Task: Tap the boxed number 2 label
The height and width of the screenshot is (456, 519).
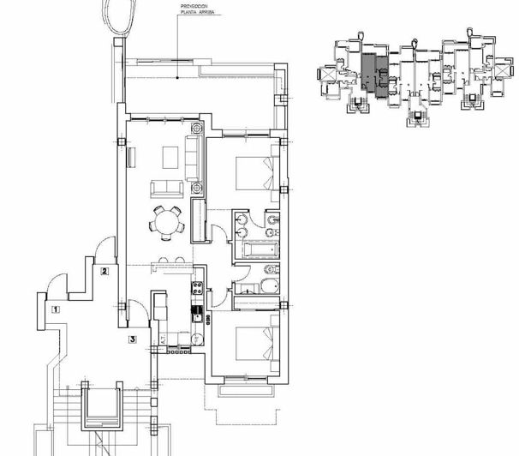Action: [104, 273]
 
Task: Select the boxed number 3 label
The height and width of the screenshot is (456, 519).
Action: [133, 339]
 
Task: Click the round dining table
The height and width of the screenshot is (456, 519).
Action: [164, 222]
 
